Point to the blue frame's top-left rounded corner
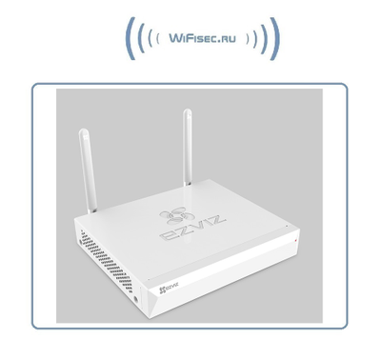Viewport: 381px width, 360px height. [35, 88]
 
